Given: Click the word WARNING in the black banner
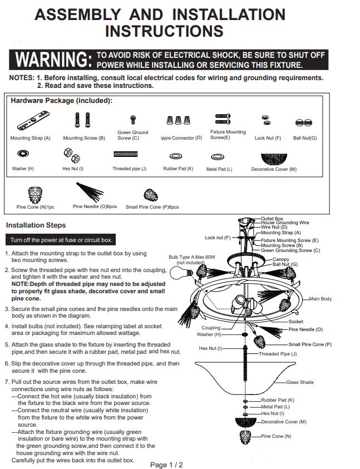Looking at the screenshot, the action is (x=53, y=59).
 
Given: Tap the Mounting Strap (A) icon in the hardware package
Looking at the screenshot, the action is (x=33, y=121).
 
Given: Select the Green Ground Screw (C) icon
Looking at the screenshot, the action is (x=133, y=120).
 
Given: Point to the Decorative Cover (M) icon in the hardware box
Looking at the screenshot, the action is (x=274, y=159).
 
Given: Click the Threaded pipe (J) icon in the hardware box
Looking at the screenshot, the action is (x=125, y=154).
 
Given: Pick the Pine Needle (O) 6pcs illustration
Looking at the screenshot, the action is (x=90, y=192).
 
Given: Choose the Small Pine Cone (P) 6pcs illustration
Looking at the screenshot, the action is (x=151, y=195).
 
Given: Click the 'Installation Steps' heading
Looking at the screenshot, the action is (x=36, y=225).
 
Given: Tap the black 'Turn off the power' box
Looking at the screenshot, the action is (x=61, y=240).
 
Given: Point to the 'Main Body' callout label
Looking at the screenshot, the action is (x=320, y=299).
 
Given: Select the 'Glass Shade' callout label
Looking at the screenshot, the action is (x=300, y=382).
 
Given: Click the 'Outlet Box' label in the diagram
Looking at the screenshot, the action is (x=272, y=219).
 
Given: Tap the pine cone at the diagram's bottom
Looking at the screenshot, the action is (x=245, y=437).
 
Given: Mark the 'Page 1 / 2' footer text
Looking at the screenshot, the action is (x=166, y=465).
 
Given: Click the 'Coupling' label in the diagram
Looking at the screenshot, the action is (x=211, y=328).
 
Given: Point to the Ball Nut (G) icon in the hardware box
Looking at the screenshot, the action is (x=304, y=122).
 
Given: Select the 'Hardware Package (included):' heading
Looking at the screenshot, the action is (x=62, y=101).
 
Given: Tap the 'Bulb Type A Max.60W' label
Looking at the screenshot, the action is (x=192, y=257).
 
